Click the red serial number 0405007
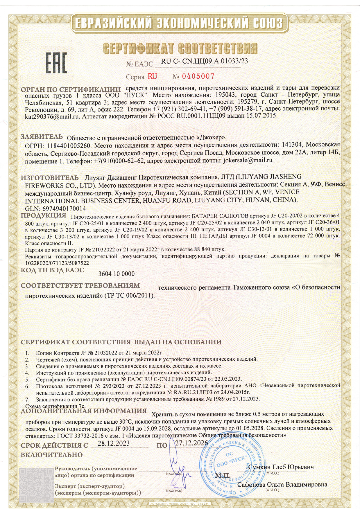(198, 76)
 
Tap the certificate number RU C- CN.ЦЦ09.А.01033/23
(204, 61)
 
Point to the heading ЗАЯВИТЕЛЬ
(42, 136)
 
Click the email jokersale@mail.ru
(248, 160)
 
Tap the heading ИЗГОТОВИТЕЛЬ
(49, 177)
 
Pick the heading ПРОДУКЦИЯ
(44, 215)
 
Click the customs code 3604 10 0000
(117, 274)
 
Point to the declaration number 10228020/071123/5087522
(57, 263)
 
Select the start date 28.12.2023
(114, 443)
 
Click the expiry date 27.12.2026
(191, 443)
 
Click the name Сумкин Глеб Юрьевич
(281, 467)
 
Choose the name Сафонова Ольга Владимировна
(282, 484)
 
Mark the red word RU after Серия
(152, 76)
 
